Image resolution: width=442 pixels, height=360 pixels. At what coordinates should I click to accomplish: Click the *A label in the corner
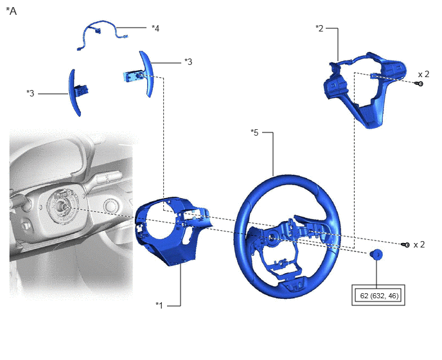pos(12,11)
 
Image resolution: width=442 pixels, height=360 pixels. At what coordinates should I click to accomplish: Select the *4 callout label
pos(155,28)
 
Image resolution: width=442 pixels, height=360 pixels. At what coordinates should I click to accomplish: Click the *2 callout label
pos(319,28)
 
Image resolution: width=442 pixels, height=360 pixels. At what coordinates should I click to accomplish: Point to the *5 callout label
pos(254,132)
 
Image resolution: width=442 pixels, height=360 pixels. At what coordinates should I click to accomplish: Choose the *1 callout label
pos(159,305)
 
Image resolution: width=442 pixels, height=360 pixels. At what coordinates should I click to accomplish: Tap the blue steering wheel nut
pos(376,254)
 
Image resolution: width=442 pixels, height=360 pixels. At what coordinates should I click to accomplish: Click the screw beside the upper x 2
pos(419,84)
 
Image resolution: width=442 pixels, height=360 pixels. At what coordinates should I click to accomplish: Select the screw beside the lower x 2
pos(405,245)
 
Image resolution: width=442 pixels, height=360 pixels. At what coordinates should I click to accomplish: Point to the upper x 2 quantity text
pos(423,74)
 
